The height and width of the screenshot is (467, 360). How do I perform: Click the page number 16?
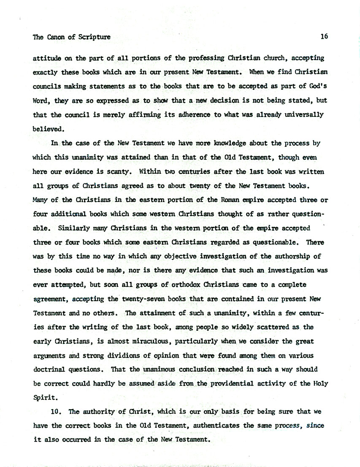[324, 37]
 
